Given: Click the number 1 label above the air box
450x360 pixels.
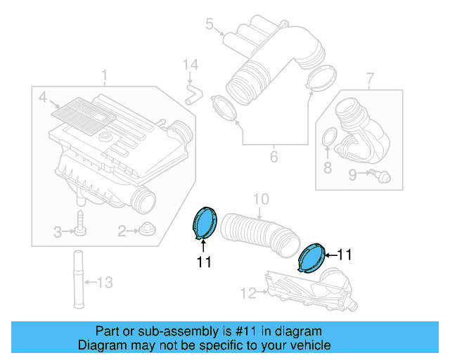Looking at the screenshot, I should [104, 74].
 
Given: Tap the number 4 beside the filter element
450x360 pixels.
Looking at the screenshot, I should [43, 98].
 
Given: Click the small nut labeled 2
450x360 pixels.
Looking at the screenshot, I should [147, 229].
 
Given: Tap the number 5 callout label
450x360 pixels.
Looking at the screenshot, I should [209, 25].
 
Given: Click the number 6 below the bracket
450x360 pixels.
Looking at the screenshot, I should [274, 157].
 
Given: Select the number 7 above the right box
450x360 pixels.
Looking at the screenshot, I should [371, 78].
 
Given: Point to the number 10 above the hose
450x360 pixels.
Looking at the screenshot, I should [260, 200].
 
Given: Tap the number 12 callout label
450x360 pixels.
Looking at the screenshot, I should [249, 292].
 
